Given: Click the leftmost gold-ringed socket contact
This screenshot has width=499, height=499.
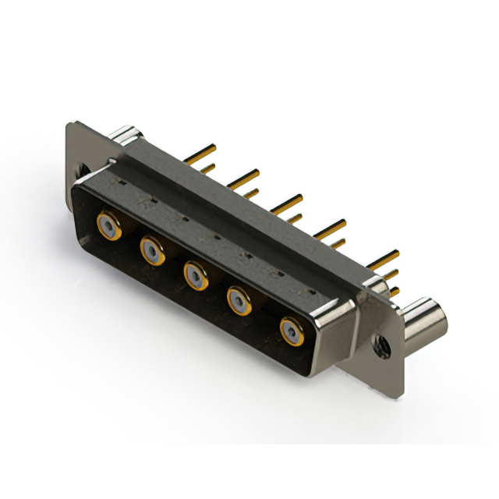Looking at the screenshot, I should coord(108,227).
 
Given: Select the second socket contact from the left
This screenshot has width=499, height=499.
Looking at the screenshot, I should coord(152,250).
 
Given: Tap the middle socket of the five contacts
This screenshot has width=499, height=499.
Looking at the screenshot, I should coord(195,274).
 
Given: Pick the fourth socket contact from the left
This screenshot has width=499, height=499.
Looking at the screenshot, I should coord(239,299).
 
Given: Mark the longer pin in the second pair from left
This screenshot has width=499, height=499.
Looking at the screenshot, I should coord(244,175).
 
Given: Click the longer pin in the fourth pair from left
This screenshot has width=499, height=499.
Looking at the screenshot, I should coord(331,227).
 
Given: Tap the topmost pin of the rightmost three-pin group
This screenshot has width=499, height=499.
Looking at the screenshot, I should coord(384,257).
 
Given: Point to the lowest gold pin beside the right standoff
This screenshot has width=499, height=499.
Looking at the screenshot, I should coord(394,292).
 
